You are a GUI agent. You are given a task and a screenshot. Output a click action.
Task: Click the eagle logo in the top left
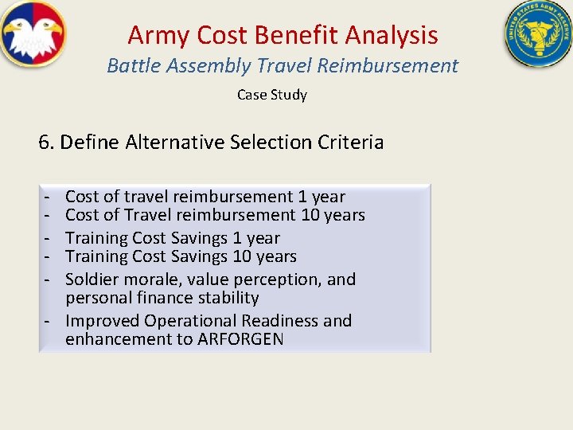[33, 34]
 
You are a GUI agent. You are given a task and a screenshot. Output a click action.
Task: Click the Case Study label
[271, 95]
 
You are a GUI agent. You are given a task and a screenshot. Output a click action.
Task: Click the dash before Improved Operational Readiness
[49, 321]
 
